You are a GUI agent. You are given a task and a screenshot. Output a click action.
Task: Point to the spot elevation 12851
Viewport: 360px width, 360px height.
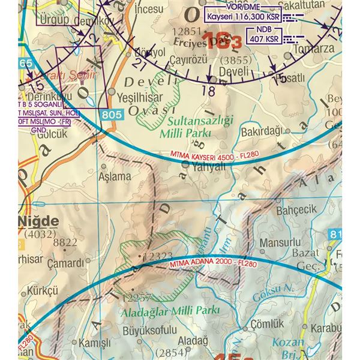pos(184,32)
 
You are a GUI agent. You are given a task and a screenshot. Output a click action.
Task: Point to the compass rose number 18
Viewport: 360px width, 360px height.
pos(209,90)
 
